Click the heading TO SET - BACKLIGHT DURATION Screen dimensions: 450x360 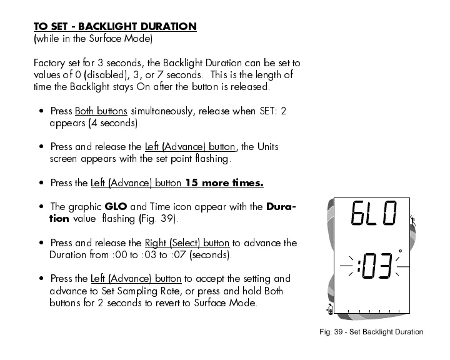(115, 26)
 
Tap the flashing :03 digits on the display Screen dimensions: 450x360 (372, 267)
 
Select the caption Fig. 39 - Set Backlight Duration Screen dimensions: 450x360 (371, 332)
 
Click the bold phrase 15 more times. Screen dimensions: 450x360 (224, 183)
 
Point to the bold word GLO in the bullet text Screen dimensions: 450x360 (116, 207)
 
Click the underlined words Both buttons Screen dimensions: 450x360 (101, 111)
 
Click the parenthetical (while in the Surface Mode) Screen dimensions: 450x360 (92, 39)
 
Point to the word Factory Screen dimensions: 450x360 (48, 63)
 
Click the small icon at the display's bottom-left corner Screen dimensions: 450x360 (331, 307)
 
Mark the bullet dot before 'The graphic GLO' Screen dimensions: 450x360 (41, 207)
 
